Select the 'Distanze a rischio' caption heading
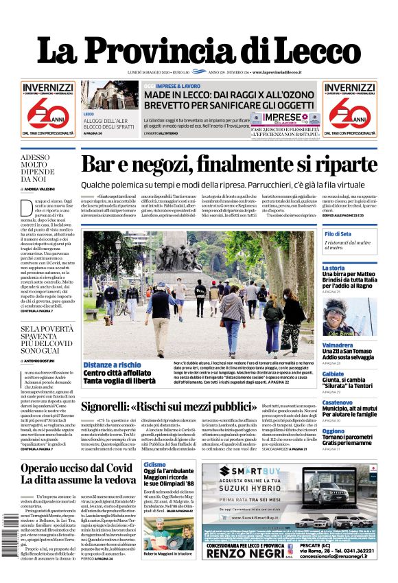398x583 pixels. coord(113,365)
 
